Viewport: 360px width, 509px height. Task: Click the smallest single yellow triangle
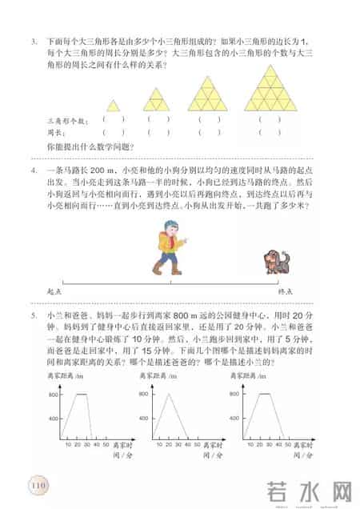(114, 106)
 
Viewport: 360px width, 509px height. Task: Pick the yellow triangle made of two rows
(157, 100)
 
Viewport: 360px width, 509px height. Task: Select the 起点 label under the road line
(54, 292)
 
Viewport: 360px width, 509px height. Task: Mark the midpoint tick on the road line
(170, 282)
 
